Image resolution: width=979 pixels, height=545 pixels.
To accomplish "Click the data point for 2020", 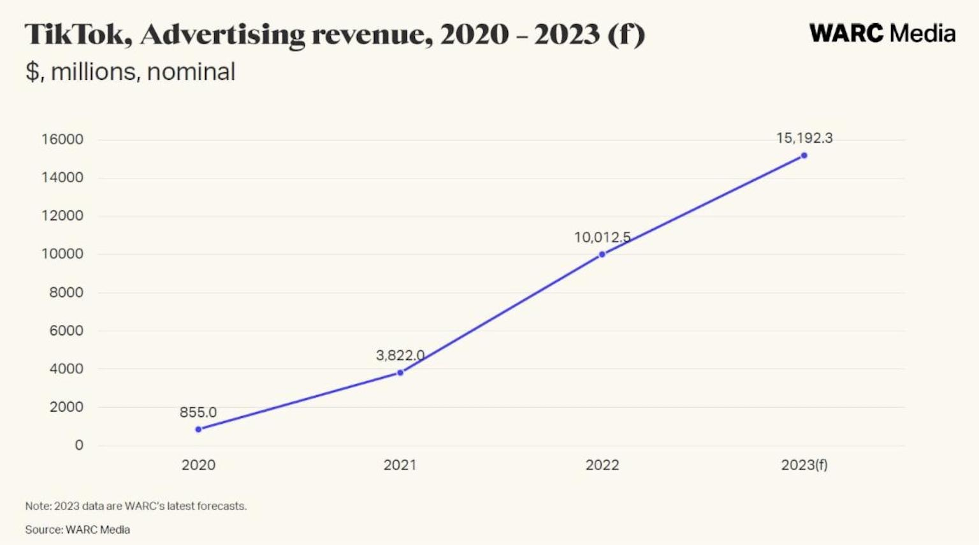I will pyautogui.click(x=198, y=429).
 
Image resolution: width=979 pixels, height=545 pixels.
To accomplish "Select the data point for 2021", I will pyautogui.click(x=400, y=373).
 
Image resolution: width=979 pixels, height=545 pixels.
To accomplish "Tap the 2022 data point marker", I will pyautogui.click(x=602, y=255).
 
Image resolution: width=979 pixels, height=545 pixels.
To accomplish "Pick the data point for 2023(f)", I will pyautogui.click(x=804, y=156).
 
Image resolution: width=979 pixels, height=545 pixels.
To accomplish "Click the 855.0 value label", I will pyautogui.click(x=198, y=412).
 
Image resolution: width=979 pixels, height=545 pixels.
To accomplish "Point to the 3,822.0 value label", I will pyautogui.click(x=400, y=355).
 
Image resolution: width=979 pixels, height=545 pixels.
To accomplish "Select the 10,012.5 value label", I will pyautogui.click(x=602, y=237).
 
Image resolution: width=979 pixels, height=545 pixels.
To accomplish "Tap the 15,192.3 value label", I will pyautogui.click(x=804, y=138).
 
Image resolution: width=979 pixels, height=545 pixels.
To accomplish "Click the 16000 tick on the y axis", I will pyautogui.click(x=62, y=139).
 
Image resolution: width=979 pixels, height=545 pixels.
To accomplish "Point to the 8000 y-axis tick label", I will pyautogui.click(x=66, y=292).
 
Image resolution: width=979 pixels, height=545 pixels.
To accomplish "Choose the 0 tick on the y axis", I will pyautogui.click(x=79, y=445).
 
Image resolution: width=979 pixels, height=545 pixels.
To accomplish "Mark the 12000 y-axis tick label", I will pyautogui.click(x=62, y=216).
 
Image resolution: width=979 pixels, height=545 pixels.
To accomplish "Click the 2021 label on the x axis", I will pyautogui.click(x=400, y=465).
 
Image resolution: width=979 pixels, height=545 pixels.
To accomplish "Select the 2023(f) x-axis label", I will pyautogui.click(x=804, y=465).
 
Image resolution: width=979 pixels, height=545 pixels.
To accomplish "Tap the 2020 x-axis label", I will pyautogui.click(x=198, y=465).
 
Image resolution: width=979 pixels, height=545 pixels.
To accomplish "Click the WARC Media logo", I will pyautogui.click(x=882, y=33).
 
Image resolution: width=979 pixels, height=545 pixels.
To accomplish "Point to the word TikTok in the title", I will pyautogui.click(x=78, y=34).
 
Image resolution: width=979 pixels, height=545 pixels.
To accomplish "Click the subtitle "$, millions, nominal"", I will pyautogui.click(x=130, y=71).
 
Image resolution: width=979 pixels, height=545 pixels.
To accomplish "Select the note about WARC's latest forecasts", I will pyautogui.click(x=136, y=506).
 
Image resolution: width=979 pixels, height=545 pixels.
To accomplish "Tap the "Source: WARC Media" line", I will pyautogui.click(x=77, y=530).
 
